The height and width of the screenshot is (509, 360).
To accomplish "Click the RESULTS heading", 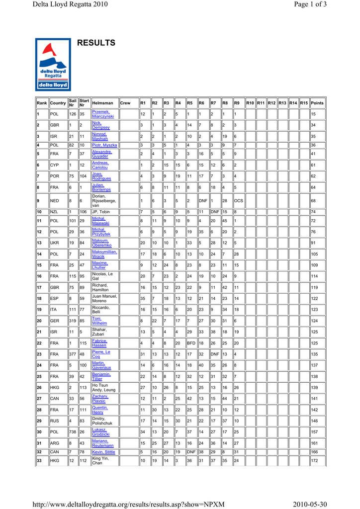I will [x=96, y=43].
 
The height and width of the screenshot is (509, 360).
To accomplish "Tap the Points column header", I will [x=317, y=103].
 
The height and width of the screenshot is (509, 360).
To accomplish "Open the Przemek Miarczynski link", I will [x=103, y=114].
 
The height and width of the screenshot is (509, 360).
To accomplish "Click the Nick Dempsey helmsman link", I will [x=100, y=125].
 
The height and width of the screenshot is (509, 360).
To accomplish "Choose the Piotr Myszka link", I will [x=104, y=145].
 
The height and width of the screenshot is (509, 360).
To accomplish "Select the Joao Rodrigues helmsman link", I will [x=101, y=176].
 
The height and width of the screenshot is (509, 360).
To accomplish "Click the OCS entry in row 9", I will [x=239, y=201].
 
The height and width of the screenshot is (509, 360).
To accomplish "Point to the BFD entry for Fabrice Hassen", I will [x=191, y=343].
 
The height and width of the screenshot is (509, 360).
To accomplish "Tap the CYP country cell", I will [x=55, y=165].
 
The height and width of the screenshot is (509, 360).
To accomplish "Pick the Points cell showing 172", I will [x=315, y=461].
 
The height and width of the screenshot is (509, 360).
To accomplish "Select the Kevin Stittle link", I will [x=103, y=452].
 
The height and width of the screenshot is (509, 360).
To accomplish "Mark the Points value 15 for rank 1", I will [x=314, y=114].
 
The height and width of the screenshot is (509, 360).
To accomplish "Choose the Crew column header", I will [x=125, y=103].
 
